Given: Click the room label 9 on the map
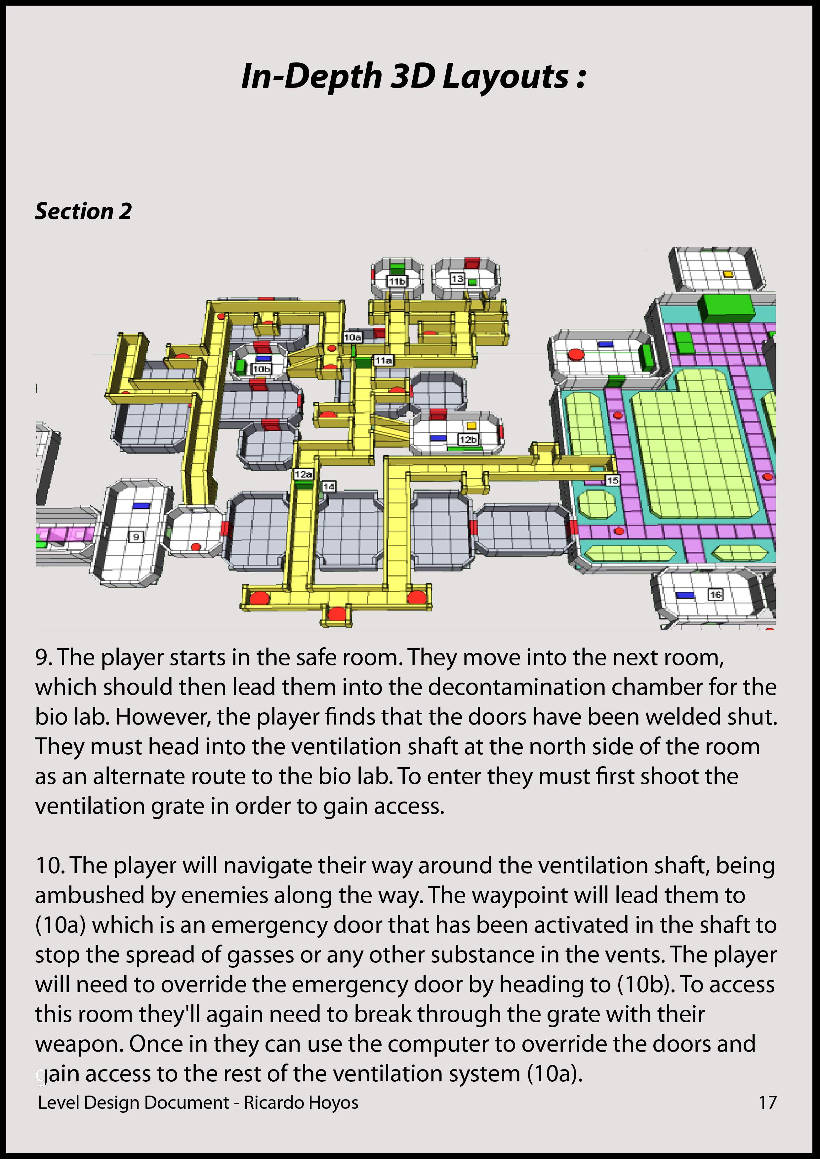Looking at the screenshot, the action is click(x=136, y=537).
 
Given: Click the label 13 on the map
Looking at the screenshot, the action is click(x=457, y=278).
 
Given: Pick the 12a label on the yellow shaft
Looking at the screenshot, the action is click(x=303, y=474).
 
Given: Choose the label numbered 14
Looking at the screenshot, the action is click(x=329, y=486).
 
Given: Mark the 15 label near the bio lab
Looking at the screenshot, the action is click(x=612, y=480).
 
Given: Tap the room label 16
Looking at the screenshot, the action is click(x=716, y=595).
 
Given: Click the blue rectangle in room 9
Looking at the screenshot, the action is click(x=142, y=505).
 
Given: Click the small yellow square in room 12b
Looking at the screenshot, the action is click(x=471, y=426).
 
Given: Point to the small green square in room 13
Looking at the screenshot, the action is click(x=472, y=282).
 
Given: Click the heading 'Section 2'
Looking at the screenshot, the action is click(x=83, y=211).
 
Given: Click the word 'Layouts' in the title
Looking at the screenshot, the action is click(x=506, y=77).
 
